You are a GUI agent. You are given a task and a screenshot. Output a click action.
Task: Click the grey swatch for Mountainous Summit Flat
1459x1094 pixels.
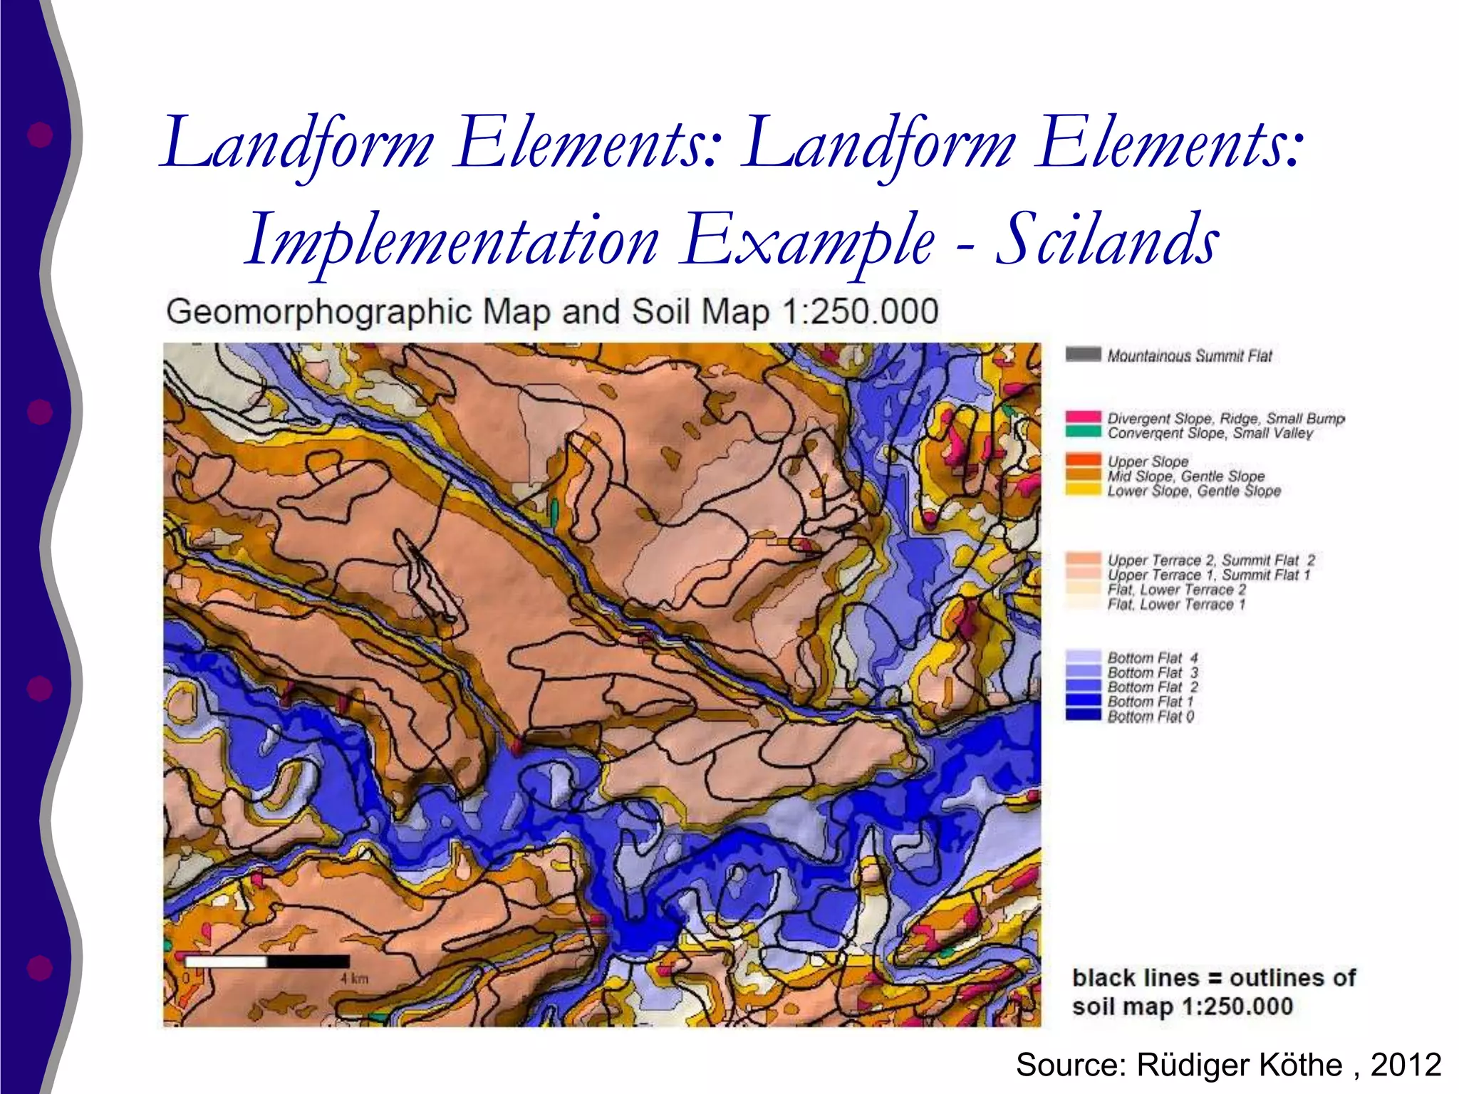click(x=1083, y=354)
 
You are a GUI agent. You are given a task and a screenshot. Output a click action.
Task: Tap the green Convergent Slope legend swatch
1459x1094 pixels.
click(x=1083, y=432)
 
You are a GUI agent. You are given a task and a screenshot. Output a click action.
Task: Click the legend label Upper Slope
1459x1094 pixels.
click(x=1148, y=462)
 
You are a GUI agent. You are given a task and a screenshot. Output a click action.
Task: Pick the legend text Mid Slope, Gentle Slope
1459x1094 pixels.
click(x=1185, y=476)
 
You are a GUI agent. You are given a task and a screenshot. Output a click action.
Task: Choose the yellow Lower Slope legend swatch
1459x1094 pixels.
click(x=1083, y=490)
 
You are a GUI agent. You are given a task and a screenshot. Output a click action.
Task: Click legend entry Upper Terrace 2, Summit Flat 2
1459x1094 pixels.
click(x=1210, y=561)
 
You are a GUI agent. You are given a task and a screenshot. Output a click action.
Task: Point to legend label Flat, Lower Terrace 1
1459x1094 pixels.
click(x=1176, y=605)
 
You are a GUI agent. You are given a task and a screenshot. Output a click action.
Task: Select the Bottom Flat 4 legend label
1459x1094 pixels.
click(x=1152, y=657)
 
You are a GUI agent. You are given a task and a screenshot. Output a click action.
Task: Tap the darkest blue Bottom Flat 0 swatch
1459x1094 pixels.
click(x=1083, y=715)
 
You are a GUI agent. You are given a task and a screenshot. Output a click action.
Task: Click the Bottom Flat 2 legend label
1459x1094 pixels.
click(x=1152, y=687)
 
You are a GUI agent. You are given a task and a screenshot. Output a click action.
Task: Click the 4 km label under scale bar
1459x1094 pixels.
click(x=354, y=979)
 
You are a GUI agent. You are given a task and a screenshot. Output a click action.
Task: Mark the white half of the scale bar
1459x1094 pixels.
click(x=225, y=962)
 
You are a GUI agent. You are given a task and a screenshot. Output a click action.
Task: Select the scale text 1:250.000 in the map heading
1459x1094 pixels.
click(x=860, y=312)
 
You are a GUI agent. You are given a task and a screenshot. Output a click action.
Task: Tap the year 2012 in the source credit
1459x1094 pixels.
click(x=1406, y=1065)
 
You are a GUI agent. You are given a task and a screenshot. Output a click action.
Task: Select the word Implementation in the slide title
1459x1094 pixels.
click(x=451, y=240)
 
